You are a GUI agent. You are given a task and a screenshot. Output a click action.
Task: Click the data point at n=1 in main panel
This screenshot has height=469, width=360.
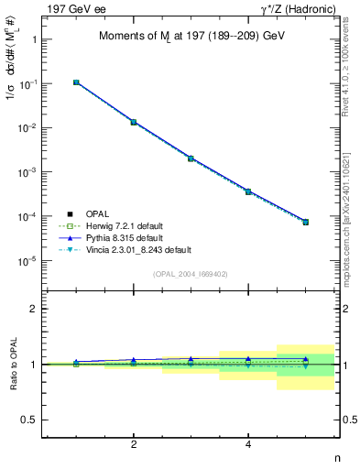coord(76,82)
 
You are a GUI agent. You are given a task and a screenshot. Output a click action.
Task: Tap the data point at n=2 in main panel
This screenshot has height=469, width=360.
coord(134,122)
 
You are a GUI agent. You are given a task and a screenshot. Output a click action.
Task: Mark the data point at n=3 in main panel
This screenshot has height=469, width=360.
coord(191,158)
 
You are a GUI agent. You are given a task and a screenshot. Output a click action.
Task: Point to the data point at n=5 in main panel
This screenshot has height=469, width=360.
coord(306,222)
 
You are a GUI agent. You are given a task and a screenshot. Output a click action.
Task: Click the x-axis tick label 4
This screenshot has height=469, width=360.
coord(248,444)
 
